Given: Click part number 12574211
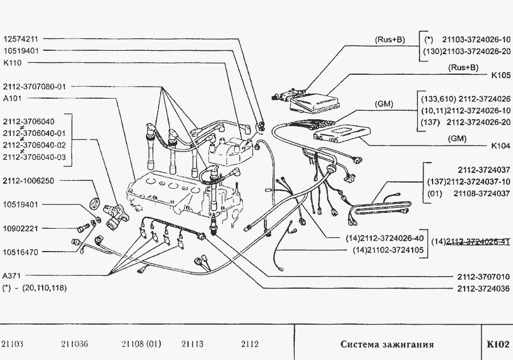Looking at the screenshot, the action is coord(21,39).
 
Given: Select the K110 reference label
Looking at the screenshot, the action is coord(13,63).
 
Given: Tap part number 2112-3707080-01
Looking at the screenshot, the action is coord(34,87).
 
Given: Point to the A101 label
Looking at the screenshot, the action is coord(13,98).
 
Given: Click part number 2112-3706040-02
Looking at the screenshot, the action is coord(34,145).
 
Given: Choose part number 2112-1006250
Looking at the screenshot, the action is coord(28,181).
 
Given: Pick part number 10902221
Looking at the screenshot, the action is coord(21,229).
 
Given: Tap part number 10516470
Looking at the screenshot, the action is coord(21,252).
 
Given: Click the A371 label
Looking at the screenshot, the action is coord(12,276).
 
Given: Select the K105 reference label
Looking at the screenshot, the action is coord(501,75).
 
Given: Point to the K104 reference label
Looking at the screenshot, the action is coord(501,146).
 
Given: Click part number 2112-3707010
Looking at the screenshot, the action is coord(483,277).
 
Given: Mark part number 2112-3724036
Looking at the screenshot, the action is coord(483,289).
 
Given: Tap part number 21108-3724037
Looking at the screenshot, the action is coord(482,193).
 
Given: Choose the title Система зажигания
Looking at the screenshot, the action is coord(388,344).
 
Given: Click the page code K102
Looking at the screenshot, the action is coord(498,344).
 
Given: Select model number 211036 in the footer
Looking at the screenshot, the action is coord(74,344).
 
